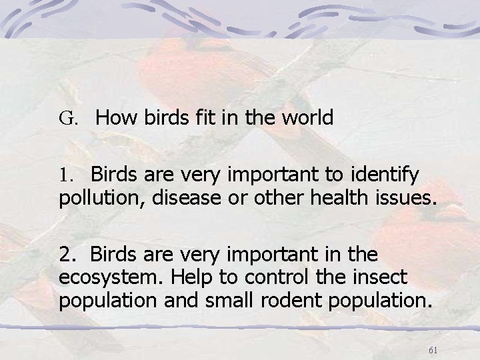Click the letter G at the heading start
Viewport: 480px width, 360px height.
(x=65, y=119)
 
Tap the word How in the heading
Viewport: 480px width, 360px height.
(x=115, y=119)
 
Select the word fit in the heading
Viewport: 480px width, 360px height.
(x=208, y=119)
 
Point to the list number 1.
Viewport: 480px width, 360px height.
(x=64, y=175)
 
